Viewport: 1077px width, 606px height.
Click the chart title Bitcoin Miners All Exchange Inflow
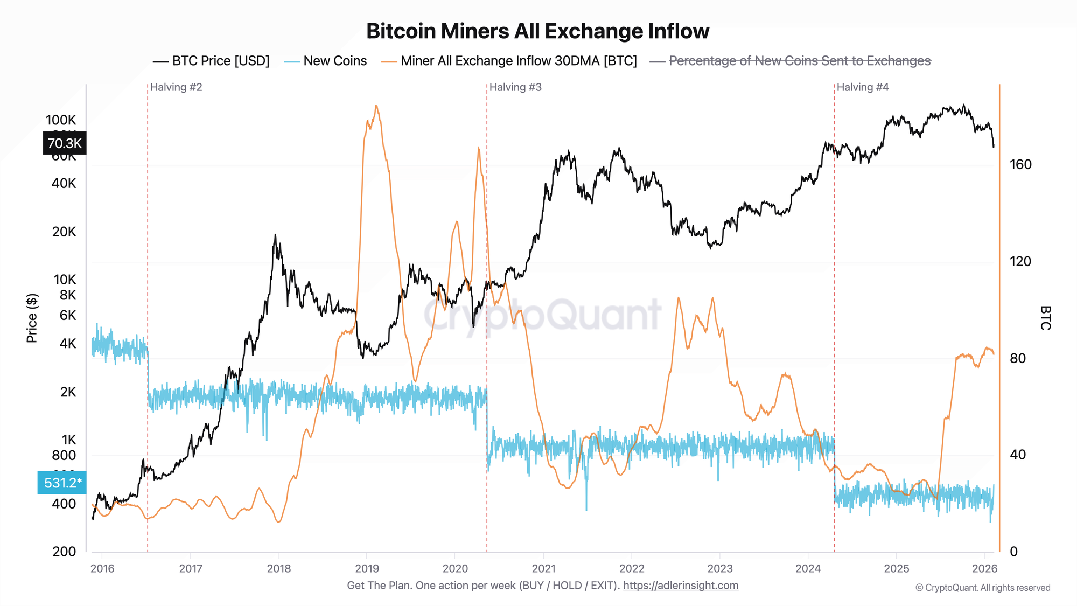537,31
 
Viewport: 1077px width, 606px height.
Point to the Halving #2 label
176,87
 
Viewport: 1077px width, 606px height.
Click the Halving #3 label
515,87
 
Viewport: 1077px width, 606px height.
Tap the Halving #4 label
863,87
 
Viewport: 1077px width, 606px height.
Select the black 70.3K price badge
65,143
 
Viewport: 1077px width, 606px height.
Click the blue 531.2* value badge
62,483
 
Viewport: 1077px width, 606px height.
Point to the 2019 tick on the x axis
367,568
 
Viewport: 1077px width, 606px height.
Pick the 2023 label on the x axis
720,568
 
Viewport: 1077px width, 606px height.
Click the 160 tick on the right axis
1020,164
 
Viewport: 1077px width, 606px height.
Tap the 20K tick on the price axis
64,232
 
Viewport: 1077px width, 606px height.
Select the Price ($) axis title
32,318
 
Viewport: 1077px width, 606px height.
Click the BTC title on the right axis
1045,318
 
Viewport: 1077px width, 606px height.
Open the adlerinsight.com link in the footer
681,586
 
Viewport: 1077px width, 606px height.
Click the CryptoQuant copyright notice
983,588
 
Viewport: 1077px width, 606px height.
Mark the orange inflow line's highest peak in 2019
376,106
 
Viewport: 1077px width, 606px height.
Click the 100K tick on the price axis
61,120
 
